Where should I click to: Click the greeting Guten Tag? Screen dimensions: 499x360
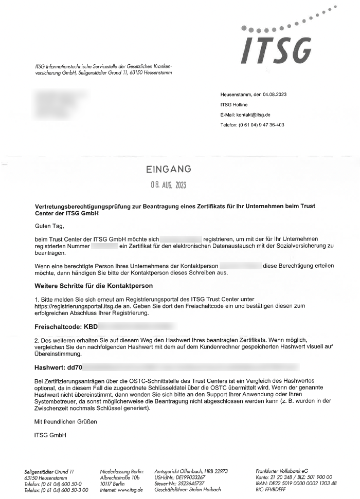pos(50,225)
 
